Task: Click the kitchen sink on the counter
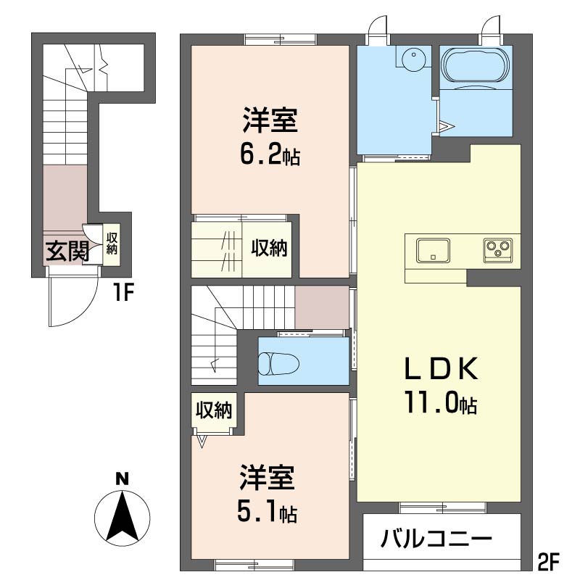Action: [433, 251]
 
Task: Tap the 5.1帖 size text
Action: [268, 513]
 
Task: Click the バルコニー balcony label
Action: [437, 539]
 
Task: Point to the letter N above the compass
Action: [123, 478]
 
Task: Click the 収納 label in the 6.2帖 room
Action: [270, 249]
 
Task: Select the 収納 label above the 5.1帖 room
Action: [214, 410]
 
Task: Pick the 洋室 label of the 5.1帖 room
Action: [267, 481]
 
